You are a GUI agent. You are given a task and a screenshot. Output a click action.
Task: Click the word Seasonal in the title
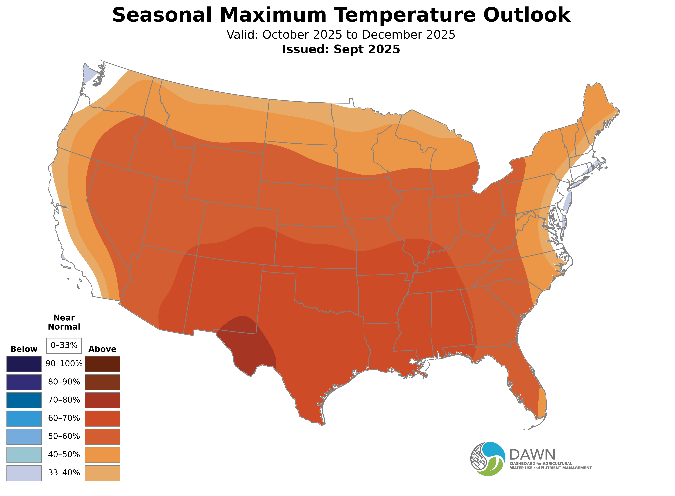[x=162, y=15]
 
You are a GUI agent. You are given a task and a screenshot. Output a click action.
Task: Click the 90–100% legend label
[x=64, y=364]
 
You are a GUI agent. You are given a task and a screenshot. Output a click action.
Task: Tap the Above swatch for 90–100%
[x=102, y=364]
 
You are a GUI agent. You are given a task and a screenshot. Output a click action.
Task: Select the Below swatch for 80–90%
[x=24, y=382]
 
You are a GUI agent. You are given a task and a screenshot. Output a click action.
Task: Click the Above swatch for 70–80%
[x=102, y=400]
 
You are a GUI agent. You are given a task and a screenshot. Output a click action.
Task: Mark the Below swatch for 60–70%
[x=24, y=418]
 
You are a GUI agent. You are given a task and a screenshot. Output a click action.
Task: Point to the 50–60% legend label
[x=64, y=436]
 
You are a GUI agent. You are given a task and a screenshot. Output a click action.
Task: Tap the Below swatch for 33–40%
[x=24, y=473]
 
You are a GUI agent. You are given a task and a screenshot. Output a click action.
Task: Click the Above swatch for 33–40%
[x=102, y=473]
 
